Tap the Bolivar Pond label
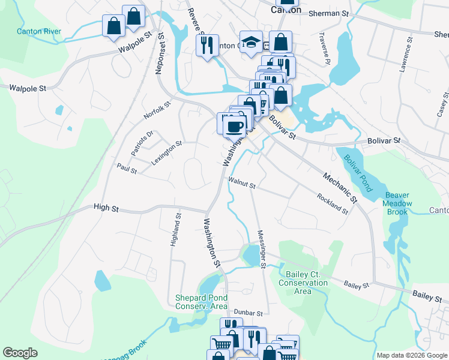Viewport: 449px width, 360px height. point(358,173)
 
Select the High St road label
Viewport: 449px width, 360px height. point(106,208)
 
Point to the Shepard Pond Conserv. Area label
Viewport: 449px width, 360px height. point(201,302)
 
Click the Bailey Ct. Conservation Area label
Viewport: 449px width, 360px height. point(303,283)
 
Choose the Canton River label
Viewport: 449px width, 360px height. point(39,31)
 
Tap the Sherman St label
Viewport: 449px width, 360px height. point(329,13)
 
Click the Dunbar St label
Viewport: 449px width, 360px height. point(248,313)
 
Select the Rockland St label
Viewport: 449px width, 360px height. point(333,204)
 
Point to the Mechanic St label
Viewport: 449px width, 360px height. point(339,187)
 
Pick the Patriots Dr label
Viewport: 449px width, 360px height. point(142,142)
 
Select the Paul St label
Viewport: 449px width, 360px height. point(127,170)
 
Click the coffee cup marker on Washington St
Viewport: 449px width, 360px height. point(234,127)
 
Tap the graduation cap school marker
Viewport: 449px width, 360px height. point(251,43)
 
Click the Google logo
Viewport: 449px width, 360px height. point(20,353)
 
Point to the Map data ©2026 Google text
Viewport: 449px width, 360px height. point(411,355)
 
